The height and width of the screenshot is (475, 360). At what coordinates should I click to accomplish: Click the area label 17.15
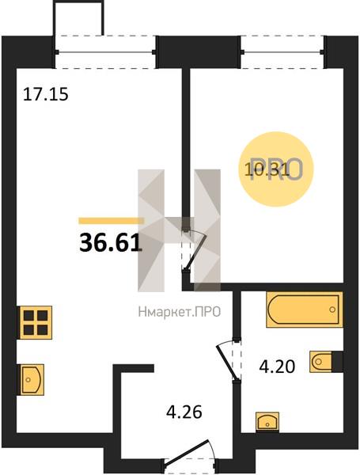(x=46, y=94)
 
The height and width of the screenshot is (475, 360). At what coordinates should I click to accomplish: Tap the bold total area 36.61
(x=111, y=243)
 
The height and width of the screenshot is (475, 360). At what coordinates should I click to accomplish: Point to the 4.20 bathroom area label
(x=277, y=367)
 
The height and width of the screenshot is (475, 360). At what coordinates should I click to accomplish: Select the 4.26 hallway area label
(x=184, y=412)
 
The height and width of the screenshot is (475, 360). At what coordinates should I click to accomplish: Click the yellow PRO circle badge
(x=276, y=169)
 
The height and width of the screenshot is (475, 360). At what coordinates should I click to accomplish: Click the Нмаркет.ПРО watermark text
(x=180, y=312)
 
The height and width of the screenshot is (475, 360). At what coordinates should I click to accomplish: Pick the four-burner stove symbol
(x=36, y=322)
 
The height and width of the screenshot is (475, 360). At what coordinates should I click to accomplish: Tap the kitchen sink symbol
(x=32, y=379)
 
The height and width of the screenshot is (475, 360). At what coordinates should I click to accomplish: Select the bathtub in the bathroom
(x=305, y=310)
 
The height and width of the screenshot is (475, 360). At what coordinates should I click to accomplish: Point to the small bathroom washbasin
(x=267, y=421)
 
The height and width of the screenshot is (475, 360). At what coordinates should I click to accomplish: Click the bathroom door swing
(x=229, y=359)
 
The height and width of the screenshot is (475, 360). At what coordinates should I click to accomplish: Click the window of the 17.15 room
(x=106, y=52)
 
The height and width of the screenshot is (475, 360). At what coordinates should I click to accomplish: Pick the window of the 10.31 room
(x=282, y=52)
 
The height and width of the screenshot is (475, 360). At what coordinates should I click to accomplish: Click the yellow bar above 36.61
(x=111, y=221)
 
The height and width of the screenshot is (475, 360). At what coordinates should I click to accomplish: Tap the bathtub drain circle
(x=332, y=310)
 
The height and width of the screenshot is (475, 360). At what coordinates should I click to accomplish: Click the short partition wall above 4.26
(x=134, y=368)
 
